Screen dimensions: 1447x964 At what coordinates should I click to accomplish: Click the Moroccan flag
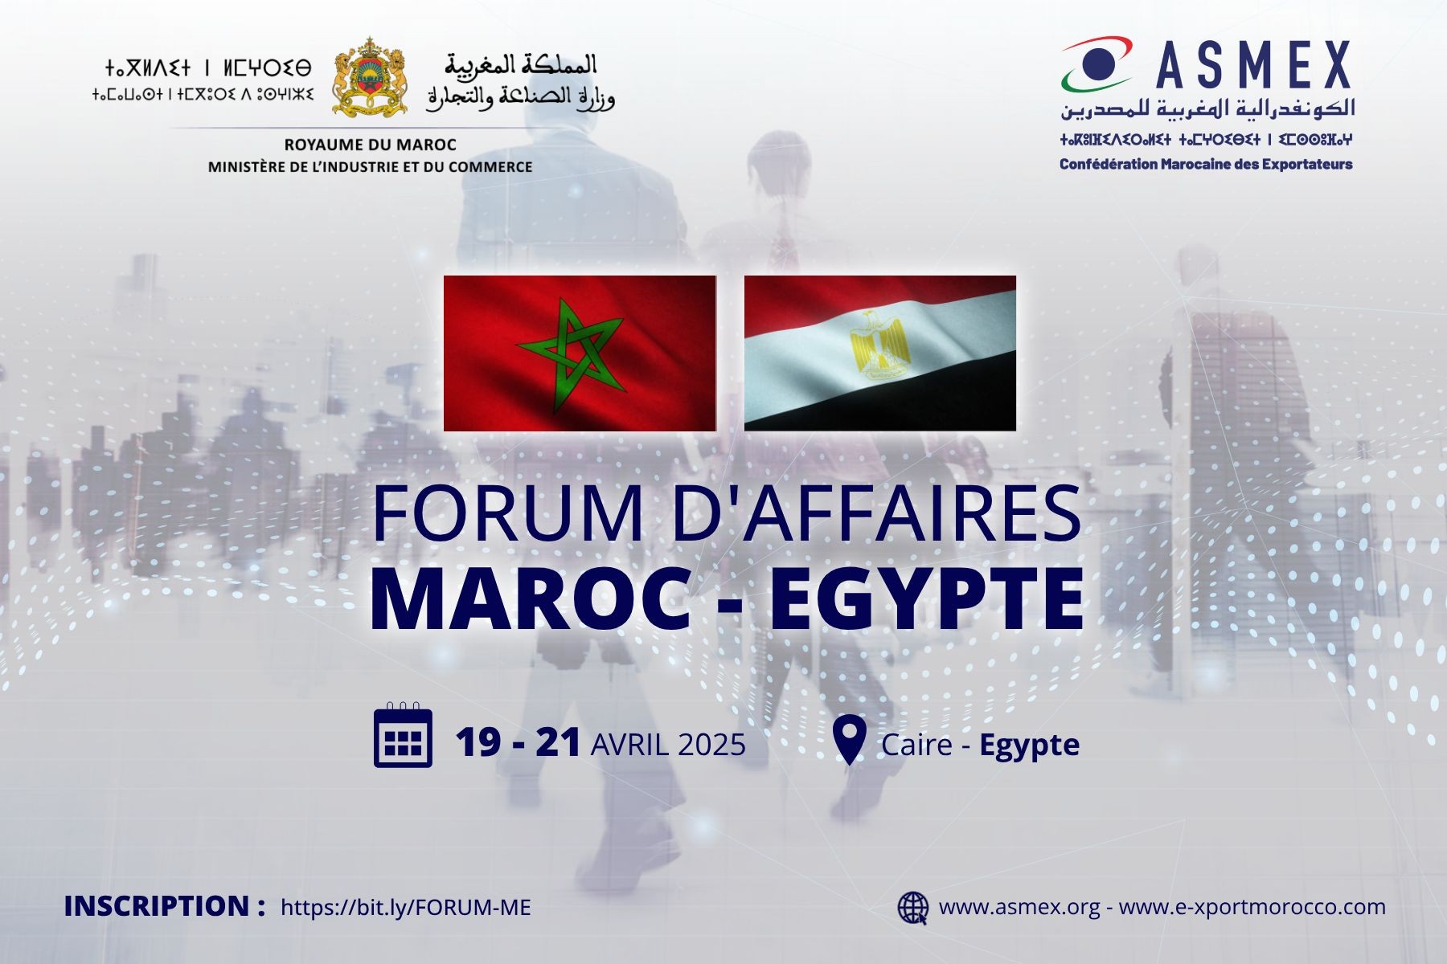coord(580,353)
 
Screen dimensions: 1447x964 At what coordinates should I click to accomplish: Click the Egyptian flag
coord(880,353)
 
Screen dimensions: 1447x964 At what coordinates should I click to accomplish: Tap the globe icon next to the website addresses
coord(913,908)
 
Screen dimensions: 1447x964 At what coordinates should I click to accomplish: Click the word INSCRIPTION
coord(158,906)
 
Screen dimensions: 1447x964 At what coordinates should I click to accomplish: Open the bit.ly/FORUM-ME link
coord(406,908)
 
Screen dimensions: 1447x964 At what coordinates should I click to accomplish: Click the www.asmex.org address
coord(1019,907)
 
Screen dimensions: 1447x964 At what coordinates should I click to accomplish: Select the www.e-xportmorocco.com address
coord(1252,907)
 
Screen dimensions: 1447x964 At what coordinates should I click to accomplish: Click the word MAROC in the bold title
coord(531,599)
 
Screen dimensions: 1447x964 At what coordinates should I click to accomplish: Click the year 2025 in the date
coord(711,745)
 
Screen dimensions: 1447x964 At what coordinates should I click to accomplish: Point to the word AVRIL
coord(629,745)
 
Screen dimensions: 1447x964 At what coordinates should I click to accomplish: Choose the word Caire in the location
coord(917,745)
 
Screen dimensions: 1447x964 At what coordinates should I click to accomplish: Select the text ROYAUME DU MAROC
coord(370,145)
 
